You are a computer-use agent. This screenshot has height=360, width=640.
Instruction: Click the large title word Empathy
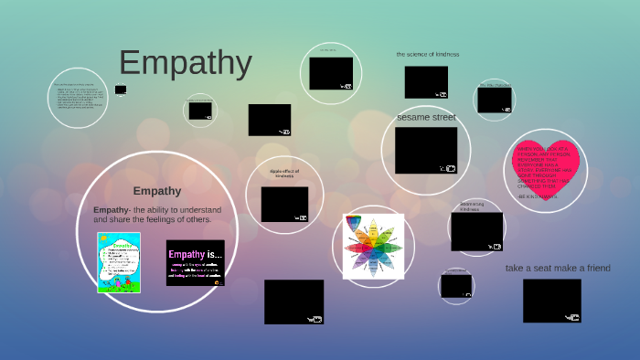click(186, 63)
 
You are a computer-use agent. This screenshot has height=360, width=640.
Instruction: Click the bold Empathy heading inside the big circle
click(156, 191)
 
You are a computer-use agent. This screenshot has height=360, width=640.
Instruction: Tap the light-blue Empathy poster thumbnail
click(119, 262)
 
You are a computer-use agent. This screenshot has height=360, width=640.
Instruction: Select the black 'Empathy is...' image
click(195, 262)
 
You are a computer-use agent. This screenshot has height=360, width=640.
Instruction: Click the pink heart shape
click(547, 170)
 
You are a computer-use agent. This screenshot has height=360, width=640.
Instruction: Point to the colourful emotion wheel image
click(372, 246)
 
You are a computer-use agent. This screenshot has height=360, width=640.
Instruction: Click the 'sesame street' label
click(426, 118)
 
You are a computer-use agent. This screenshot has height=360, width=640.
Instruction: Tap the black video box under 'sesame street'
click(426, 150)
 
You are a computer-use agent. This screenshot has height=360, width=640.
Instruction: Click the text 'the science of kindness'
click(427, 55)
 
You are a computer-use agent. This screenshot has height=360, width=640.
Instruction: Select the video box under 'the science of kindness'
click(426, 82)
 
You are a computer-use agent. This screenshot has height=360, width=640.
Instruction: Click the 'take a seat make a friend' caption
click(558, 268)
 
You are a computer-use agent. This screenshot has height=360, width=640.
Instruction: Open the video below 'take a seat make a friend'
click(552, 301)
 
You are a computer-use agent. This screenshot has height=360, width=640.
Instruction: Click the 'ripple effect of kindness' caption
click(284, 174)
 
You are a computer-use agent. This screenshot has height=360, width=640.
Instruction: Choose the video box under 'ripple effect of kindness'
click(284, 205)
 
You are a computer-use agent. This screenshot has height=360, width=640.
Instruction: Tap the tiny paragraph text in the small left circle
click(78, 97)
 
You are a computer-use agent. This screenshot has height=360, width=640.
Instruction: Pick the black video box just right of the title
click(270, 120)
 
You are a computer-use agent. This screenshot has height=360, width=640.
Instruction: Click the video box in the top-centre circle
click(330, 73)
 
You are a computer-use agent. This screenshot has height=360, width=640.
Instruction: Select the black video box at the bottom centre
click(293, 302)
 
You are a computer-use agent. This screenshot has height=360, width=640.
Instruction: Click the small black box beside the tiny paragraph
click(121, 90)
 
